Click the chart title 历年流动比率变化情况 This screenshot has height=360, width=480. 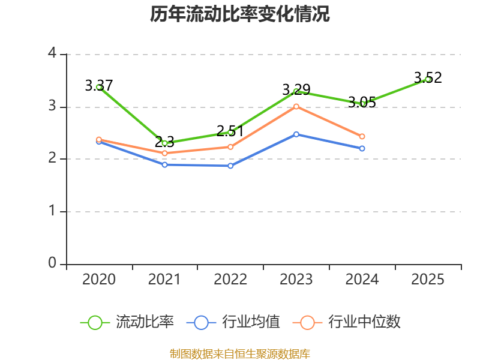[240, 14]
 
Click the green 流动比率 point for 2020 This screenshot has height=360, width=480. [99, 87]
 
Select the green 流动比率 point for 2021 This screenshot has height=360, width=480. [164, 143]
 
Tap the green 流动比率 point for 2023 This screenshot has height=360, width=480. [296, 91]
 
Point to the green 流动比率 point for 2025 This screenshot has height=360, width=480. [428, 79]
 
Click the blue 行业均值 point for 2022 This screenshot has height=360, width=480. [230, 166]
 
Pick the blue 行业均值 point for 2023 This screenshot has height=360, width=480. [296, 134]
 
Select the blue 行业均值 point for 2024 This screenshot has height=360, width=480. [362, 148]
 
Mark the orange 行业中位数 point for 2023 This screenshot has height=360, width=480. [296, 106]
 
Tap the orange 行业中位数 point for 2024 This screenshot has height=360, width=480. [362, 136]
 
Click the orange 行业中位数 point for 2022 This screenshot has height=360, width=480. [230, 147]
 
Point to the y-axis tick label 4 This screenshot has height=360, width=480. [52, 54]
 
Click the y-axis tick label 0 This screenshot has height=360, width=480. [52, 263]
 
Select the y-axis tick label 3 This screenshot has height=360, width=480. [52, 106]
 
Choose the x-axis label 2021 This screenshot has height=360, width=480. [164, 280]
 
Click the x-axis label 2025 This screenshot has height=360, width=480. [428, 280]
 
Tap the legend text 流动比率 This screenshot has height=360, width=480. [145, 322]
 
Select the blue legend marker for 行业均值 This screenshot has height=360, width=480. [201, 322]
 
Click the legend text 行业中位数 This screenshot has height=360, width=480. [364, 322]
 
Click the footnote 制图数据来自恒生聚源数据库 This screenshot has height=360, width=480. [240, 353]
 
